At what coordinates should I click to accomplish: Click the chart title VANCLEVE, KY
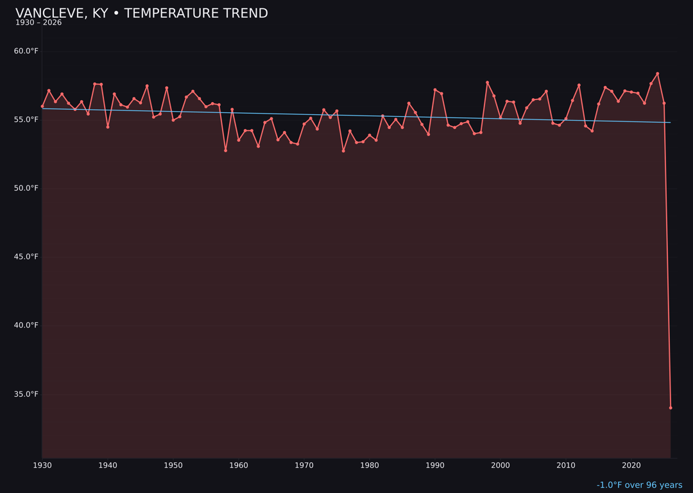[141, 13]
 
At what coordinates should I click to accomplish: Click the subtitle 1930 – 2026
[38, 22]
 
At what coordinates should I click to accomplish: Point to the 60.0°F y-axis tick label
[26, 51]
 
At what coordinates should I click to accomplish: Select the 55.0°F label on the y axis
[26, 119]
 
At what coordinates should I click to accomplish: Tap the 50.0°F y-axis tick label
[26, 188]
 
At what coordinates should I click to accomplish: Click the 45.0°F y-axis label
[26, 257]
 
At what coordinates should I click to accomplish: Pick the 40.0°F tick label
[26, 325]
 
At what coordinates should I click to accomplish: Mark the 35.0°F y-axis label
[26, 394]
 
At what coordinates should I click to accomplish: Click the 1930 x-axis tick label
[42, 465]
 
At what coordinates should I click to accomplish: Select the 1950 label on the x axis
[173, 465]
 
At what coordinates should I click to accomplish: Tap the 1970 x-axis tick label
[304, 465]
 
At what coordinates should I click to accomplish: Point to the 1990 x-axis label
[435, 465]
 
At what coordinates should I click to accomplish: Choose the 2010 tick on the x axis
[566, 465]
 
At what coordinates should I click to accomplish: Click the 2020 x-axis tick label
[631, 465]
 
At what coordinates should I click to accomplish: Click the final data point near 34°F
[671, 408]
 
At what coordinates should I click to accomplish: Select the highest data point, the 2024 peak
[658, 74]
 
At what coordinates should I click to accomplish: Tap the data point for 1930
[42, 106]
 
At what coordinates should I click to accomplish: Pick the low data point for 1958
[225, 150]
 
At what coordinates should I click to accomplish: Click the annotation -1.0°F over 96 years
[639, 485]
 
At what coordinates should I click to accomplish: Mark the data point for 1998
[487, 82]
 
